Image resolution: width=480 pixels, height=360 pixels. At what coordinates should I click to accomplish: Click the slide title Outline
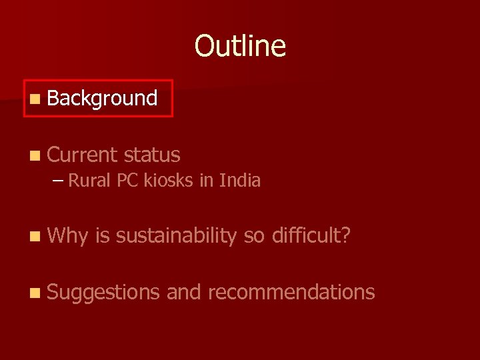pos(240,46)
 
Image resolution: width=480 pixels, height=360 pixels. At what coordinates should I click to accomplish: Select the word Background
pos(102,99)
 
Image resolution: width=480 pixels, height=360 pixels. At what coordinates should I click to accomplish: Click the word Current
pos(81,155)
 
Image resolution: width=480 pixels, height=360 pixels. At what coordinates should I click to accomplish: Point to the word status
pos(152,155)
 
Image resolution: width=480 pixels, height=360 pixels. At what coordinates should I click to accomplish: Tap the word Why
pos(68,235)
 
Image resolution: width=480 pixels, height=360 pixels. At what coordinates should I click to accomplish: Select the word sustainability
pos(175,235)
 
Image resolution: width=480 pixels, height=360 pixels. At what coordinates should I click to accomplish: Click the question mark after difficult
pos(345,235)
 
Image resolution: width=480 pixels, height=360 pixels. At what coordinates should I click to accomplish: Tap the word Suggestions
pos(103,292)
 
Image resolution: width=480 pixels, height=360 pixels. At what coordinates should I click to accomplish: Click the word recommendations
pos(292,292)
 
